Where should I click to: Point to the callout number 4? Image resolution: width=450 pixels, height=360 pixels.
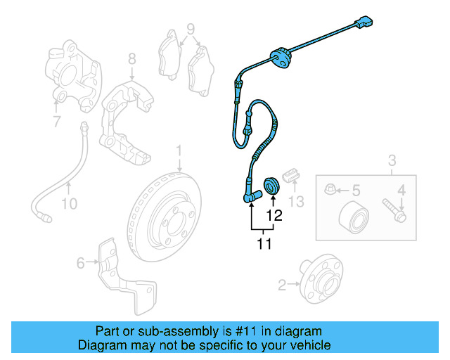pyautogui.click(x=402, y=189)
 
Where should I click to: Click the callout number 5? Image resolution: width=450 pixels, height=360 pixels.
pyautogui.click(x=356, y=189)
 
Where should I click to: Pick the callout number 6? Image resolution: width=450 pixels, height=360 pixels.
pyautogui.click(x=81, y=263)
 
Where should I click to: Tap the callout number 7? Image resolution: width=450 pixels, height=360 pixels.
pyautogui.click(x=57, y=124)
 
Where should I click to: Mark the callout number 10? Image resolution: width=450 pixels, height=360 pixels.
pyautogui.click(x=68, y=205)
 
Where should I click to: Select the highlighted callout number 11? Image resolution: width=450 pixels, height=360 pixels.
pyautogui.click(x=264, y=244)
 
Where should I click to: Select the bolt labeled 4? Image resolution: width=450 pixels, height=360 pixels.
pyautogui.click(x=394, y=210)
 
